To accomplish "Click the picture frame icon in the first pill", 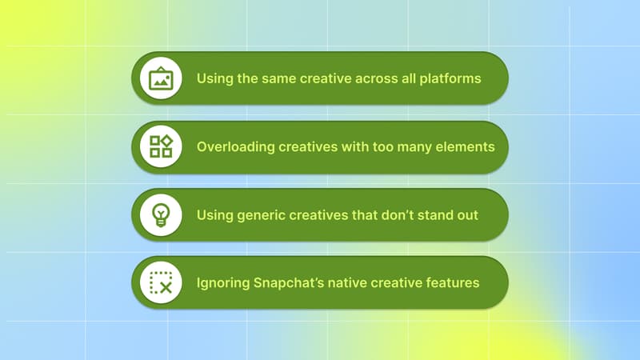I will (161, 78).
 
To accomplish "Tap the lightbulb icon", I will (161, 214).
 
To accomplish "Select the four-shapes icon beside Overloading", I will (161, 146).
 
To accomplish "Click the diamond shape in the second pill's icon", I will (166, 141).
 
